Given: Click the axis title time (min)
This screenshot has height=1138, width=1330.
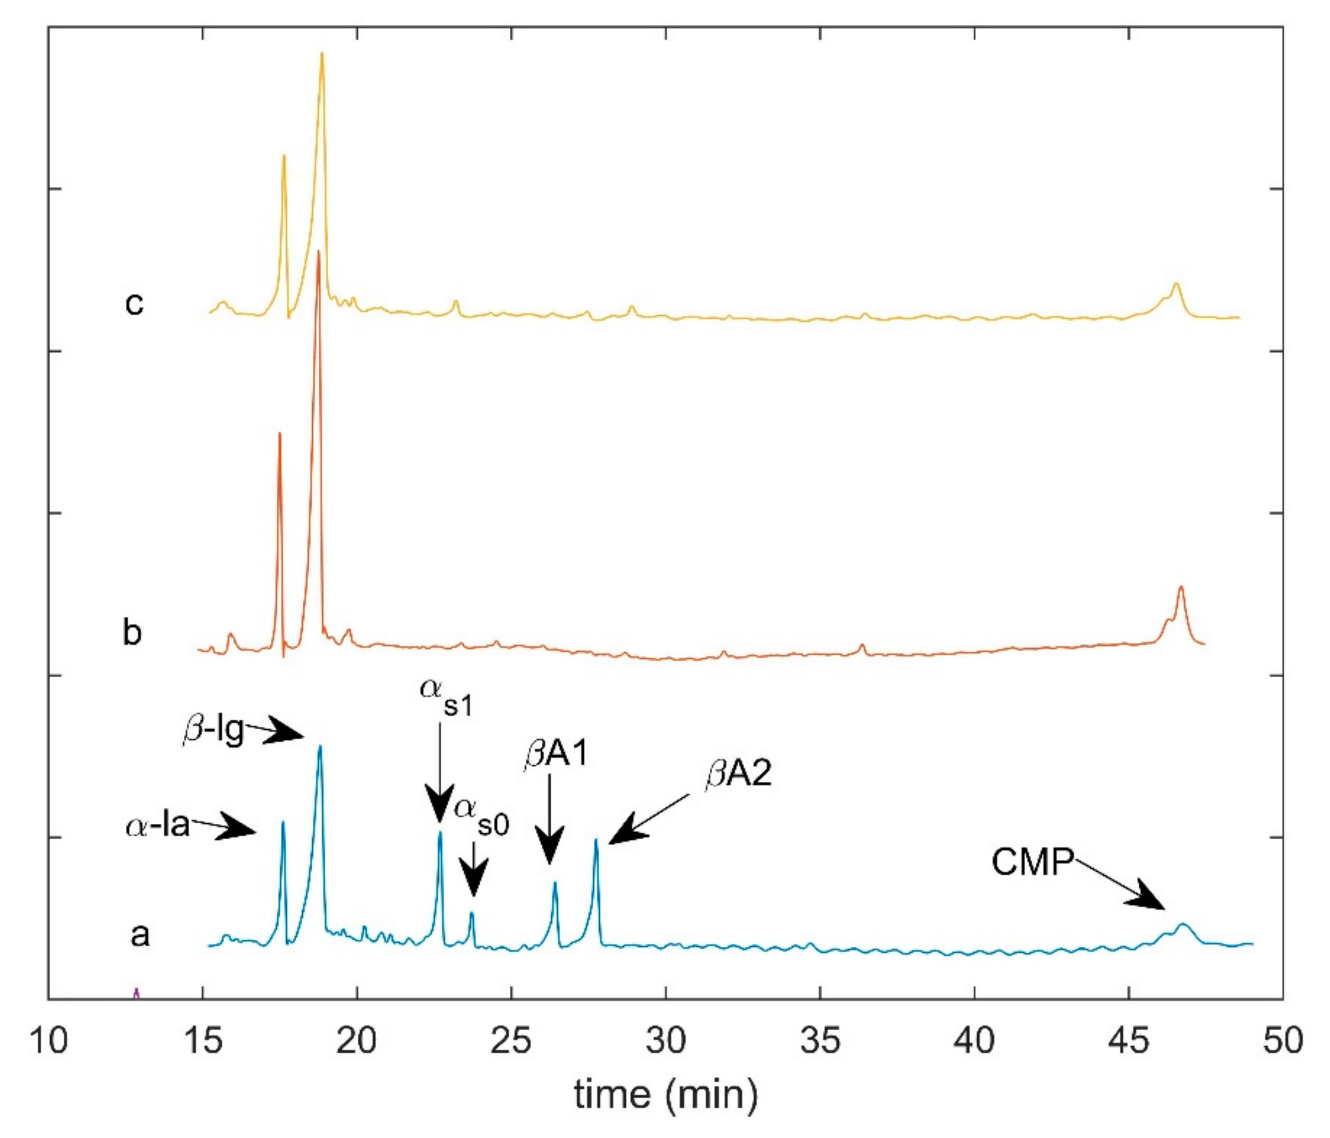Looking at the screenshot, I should [666, 1094].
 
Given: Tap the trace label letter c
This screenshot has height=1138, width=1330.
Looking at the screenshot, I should [133, 303].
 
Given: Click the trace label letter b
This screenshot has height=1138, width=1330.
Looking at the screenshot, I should [132, 632].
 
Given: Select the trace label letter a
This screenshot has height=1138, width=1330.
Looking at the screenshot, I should [140, 935].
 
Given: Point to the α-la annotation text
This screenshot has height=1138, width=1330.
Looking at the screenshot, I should [158, 824].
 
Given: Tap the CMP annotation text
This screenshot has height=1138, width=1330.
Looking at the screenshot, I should [1032, 861].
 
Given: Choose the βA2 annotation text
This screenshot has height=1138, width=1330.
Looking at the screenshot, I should [738, 774].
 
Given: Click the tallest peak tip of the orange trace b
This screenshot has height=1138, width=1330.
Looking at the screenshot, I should [318, 252].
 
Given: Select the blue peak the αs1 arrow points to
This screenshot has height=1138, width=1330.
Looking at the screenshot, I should [440, 833].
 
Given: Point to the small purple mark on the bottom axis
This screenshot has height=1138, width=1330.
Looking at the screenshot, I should [135, 994].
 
